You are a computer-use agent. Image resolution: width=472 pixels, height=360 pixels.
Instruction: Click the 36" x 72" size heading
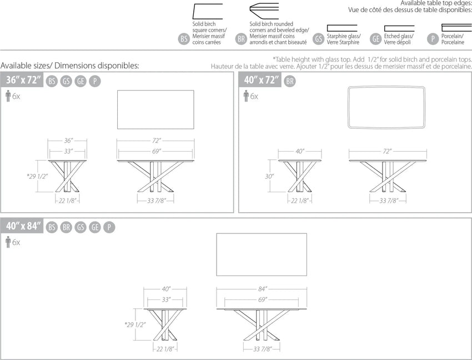[23, 80]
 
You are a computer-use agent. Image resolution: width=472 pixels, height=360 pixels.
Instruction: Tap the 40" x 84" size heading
[23, 226]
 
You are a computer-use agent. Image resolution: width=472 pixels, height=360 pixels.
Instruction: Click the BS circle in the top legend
[184, 39]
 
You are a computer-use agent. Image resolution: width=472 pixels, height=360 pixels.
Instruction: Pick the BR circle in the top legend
[241, 39]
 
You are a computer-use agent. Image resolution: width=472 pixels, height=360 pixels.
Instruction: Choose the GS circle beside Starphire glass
[319, 39]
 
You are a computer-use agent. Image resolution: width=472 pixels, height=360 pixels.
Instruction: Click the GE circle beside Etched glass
[376, 39]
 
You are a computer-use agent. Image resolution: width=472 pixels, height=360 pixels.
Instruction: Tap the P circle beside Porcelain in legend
[433, 39]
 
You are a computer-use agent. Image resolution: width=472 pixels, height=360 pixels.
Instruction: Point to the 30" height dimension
[269, 176]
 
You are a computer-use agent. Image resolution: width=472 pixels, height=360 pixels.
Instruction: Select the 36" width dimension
[68, 141]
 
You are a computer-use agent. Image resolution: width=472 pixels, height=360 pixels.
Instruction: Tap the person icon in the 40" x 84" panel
[8, 242]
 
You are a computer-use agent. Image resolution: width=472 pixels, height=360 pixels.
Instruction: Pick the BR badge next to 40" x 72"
[289, 81]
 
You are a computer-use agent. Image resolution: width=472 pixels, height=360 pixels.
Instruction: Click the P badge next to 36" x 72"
[95, 81]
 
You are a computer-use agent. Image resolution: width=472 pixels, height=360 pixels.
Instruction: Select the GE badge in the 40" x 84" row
[95, 227]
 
